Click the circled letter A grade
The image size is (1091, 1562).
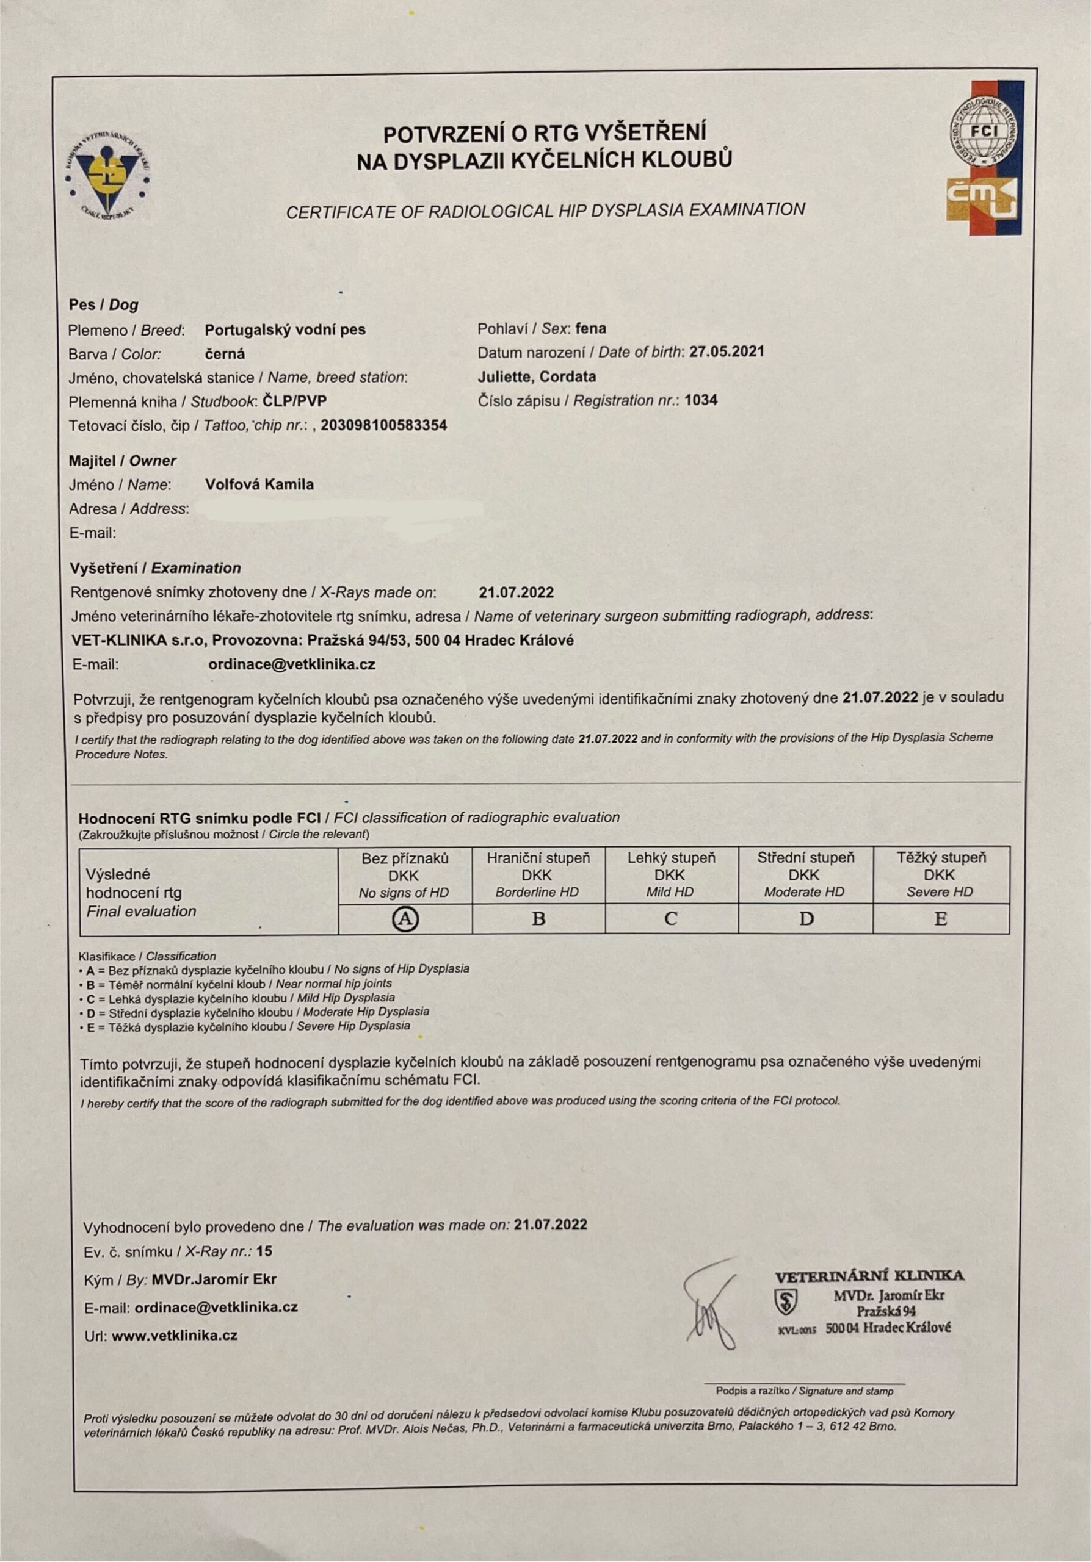click(405, 919)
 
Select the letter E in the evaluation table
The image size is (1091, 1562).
click(941, 919)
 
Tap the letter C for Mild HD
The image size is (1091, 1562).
click(670, 919)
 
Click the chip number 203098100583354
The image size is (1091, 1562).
click(384, 426)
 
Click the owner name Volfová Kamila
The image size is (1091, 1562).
click(259, 484)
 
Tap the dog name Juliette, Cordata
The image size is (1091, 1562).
click(537, 376)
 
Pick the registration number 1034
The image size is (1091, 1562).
click(701, 400)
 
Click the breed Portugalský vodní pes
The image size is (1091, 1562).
click(285, 330)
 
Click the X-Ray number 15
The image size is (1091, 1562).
click(264, 1251)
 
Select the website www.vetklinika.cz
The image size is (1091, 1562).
click(174, 1335)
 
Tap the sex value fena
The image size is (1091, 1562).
click(591, 329)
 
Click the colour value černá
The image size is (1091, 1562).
click(225, 354)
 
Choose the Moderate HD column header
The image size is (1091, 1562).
click(805, 874)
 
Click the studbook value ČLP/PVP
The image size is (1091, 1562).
click(295, 401)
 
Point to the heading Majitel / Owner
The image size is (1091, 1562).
click(123, 461)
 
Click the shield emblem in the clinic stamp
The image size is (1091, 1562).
click(786, 1301)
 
